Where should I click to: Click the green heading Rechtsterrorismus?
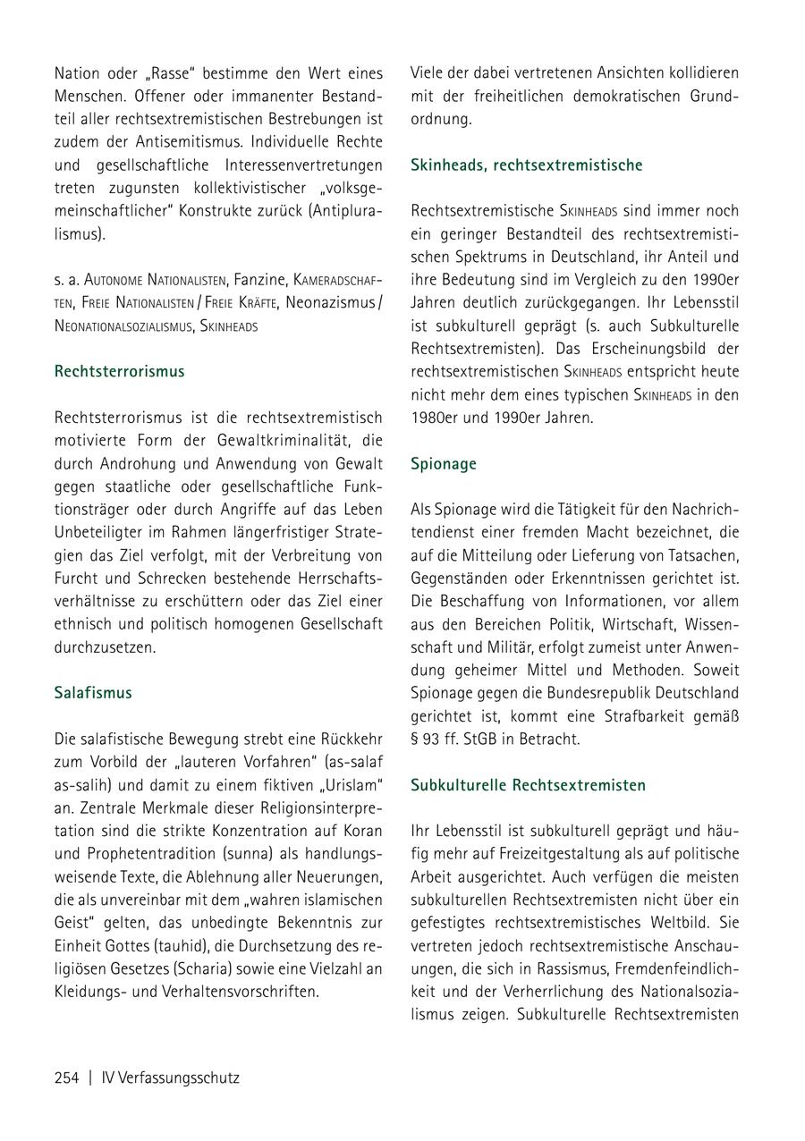click(119, 371)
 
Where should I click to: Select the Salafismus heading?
click(93, 692)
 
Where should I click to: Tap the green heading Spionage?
click(444, 463)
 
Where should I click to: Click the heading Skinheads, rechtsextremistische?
click(527, 165)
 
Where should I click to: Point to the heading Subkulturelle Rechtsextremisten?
click(528, 785)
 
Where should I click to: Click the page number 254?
click(67, 1078)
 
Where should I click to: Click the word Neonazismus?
click(329, 303)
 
